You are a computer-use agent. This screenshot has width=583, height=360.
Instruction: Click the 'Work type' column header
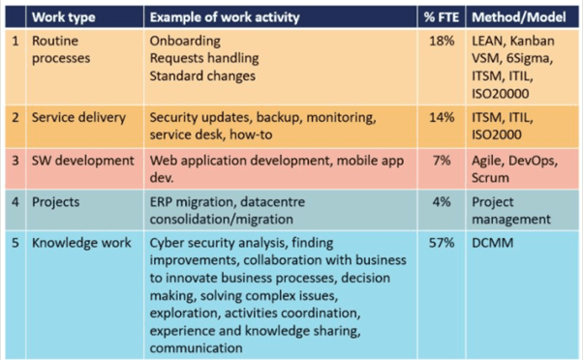coord(63,17)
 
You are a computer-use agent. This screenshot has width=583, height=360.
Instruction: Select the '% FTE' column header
coord(442,17)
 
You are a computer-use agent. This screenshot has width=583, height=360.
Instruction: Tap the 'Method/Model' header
coord(519,17)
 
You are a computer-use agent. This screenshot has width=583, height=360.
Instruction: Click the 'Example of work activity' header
coord(225,17)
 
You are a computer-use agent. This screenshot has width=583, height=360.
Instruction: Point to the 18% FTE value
coord(442,41)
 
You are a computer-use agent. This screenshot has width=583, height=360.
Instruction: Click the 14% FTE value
coord(442,117)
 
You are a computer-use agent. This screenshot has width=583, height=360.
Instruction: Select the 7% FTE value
coord(442,161)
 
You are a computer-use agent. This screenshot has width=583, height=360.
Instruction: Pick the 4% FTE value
coord(442,202)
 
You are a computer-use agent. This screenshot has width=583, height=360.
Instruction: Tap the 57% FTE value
coord(442,243)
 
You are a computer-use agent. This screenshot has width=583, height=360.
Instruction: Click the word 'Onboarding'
coord(185,42)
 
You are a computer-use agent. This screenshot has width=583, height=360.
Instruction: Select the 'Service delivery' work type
coord(78,118)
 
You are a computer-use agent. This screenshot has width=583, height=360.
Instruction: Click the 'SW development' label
coord(83,161)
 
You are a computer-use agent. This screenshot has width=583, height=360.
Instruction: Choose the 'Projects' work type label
coord(56,202)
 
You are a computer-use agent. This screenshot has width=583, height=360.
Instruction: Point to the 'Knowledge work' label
coord(81,243)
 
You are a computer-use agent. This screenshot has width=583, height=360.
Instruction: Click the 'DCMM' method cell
coord(493,243)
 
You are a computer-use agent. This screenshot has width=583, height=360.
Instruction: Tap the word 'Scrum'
coord(490,178)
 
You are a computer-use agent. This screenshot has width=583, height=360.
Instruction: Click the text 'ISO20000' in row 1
coord(501,94)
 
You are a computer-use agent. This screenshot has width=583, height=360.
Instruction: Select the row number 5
coord(15,243)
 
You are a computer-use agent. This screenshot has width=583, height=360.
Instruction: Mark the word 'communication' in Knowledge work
coord(196,348)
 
